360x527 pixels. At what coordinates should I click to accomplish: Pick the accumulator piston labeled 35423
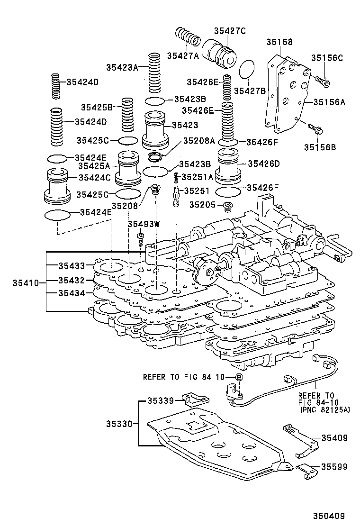(x=156, y=129)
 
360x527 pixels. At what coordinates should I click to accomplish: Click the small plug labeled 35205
(x=228, y=207)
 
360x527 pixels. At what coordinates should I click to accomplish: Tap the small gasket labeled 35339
(x=192, y=400)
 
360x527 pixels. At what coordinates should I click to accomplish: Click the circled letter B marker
(x=239, y=377)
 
